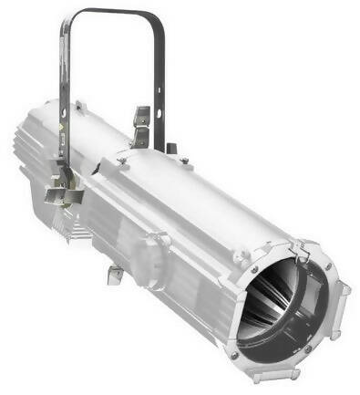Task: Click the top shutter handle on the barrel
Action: point(142,123)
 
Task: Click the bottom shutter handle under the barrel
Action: point(116,273)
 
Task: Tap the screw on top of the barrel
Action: point(183,161)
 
